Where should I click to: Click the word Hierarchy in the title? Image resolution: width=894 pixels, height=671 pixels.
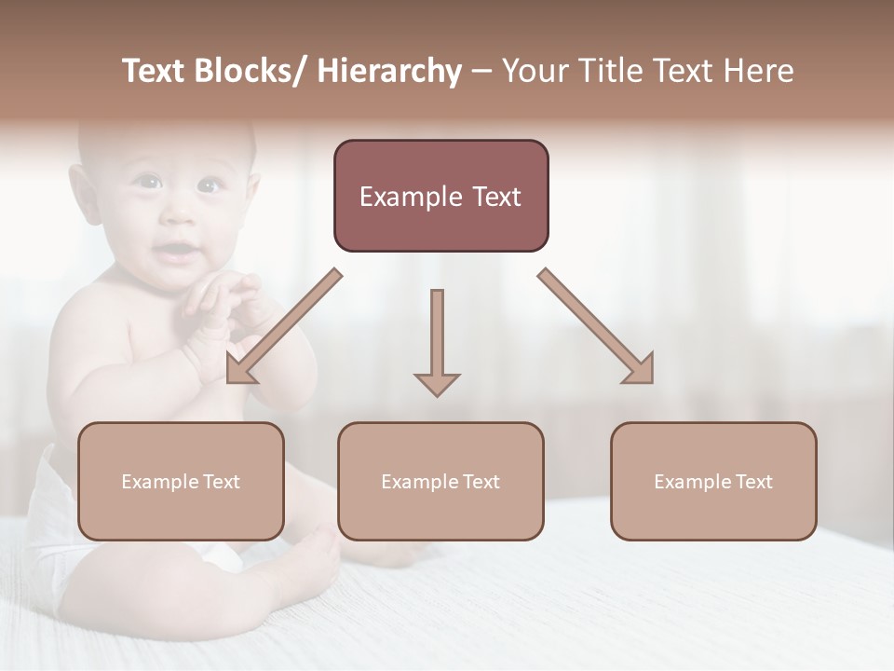(389, 72)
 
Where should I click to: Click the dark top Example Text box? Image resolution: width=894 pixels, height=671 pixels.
(440, 196)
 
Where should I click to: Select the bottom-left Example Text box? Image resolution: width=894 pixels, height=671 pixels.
(181, 481)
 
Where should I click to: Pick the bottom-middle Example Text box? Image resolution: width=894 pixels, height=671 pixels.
(440, 481)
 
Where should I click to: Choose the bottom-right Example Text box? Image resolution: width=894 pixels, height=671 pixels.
(713, 481)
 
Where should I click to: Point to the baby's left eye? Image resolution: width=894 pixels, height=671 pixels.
(209, 186)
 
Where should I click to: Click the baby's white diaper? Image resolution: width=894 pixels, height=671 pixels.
(56, 522)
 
